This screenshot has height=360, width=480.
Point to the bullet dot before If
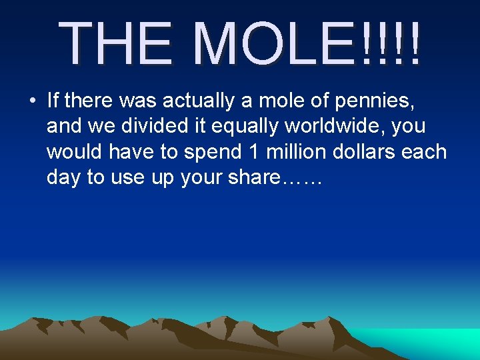click(32, 101)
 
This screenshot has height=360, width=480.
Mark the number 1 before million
click(253, 152)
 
